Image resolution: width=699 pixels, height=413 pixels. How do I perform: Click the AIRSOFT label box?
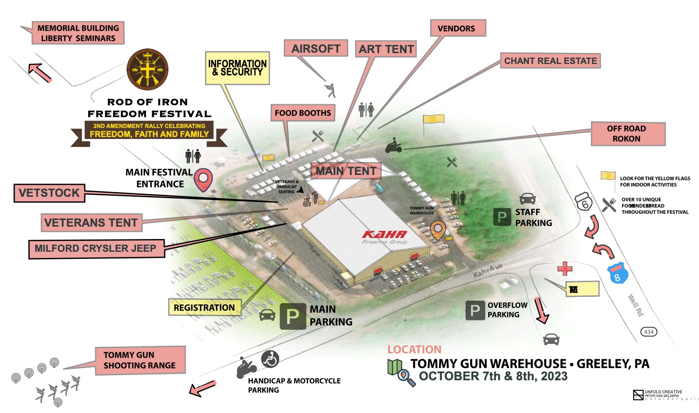point(316,48)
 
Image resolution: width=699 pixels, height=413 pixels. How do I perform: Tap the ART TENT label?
point(386,49)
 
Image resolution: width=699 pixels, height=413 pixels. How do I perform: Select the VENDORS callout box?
point(458,28)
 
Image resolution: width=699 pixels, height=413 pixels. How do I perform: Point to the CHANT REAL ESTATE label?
point(551,61)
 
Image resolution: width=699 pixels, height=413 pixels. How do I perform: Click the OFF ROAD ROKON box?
point(627,134)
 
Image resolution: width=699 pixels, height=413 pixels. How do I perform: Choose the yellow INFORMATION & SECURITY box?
point(237,68)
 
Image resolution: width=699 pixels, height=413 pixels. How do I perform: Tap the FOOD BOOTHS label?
point(303,113)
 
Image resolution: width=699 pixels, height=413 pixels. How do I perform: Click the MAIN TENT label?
point(346,171)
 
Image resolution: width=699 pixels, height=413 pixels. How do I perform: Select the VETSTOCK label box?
point(49,193)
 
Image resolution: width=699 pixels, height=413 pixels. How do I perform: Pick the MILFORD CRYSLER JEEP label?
point(96,248)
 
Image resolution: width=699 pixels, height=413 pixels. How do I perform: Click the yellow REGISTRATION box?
point(204,307)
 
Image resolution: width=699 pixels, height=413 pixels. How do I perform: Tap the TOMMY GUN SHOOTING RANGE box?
point(139,360)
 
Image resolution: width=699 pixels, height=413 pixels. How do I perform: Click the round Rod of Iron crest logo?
point(148,70)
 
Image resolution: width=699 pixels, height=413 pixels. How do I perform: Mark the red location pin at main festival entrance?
point(203,179)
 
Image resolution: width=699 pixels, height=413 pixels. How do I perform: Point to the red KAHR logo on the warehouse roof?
point(384,234)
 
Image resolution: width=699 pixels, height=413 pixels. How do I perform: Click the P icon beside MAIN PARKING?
point(292,316)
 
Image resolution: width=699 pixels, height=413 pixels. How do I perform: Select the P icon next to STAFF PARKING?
point(501,217)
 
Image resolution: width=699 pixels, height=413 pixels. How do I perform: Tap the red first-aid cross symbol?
point(564,268)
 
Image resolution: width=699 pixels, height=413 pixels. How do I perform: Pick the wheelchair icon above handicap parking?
point(270,359)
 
